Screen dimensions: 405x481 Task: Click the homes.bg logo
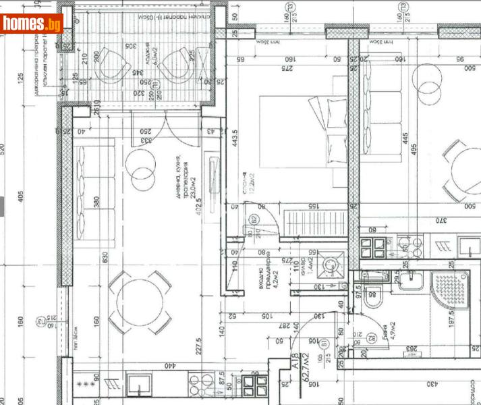click(32, 24)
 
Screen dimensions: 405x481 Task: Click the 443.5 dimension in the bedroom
click(234, 142)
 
